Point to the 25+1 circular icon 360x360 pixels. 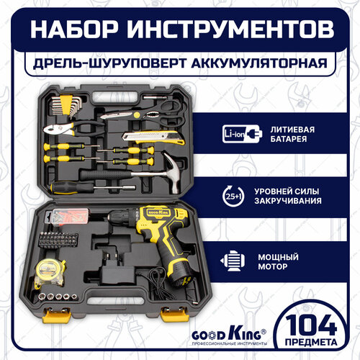(x=233, y=195)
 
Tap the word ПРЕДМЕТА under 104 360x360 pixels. (x=317, y=339)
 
